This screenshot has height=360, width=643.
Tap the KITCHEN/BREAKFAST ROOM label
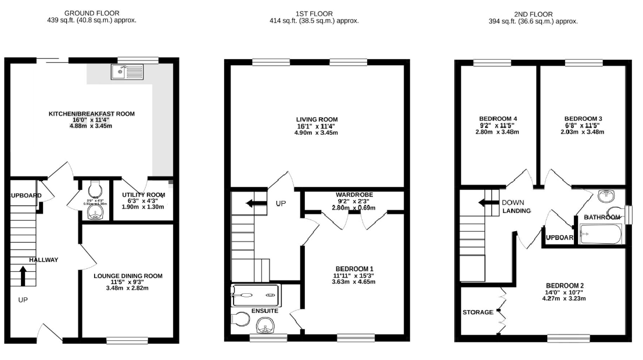tap(91, 114)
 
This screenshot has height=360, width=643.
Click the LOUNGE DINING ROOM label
tap(128, 276)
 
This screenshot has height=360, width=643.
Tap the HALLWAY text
tap(44, 260)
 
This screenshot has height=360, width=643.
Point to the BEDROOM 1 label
tap(353, 268)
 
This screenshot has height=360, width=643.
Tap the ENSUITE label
tap(264, 311)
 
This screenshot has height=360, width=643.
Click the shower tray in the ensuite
tap(255, 296)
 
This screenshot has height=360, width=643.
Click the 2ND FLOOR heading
tap(533, 13)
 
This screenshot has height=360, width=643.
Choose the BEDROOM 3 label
tap(581, 118)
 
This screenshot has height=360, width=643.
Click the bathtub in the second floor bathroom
tap(600, 234)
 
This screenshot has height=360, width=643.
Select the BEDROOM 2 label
tap(564, 285)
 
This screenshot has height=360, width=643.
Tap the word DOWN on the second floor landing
tap(513, 203)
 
